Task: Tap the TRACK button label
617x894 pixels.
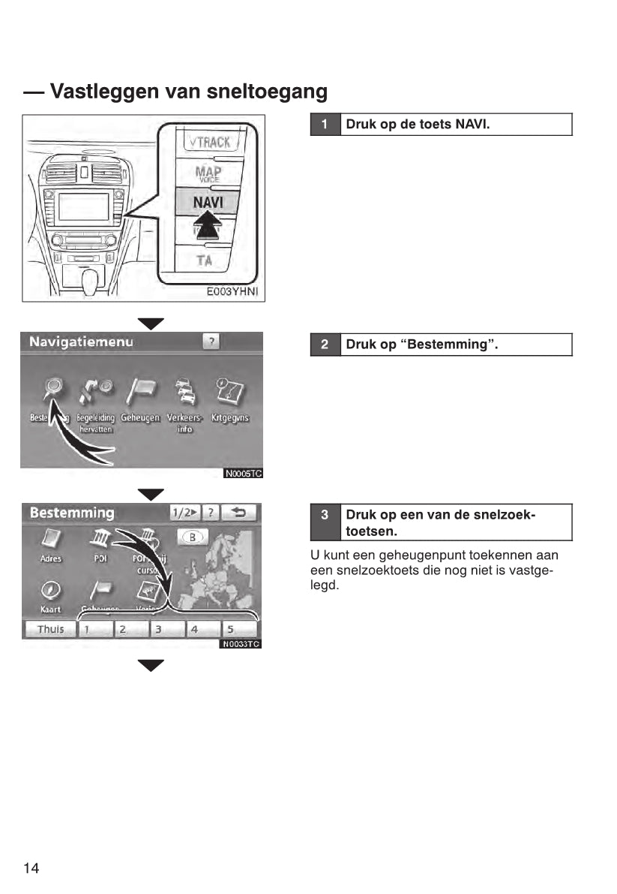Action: [209, 141]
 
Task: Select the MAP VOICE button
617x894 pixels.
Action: [208, 173]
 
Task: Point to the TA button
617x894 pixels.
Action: [204, 260]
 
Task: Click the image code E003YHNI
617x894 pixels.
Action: [232, 292]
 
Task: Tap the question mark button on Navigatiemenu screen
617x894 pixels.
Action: [212, 342]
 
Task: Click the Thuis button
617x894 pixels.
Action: [50, 629]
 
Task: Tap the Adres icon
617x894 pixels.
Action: [51, 539]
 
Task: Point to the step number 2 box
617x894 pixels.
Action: [325, 345]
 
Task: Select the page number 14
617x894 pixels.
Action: [31, 868]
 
